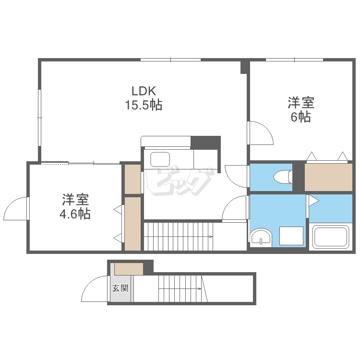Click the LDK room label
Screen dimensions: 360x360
[x=144, y=91]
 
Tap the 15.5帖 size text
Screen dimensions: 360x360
[x=144, y=105]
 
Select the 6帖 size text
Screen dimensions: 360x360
[x=300, y=117]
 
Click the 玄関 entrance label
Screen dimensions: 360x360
[x=120, y=288]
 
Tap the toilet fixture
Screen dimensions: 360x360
[x=283, y=178]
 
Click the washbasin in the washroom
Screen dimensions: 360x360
[x=261, y=236]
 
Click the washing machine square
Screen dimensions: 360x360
[x=291, y=236]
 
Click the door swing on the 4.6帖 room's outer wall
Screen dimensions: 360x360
[x=15, y=209]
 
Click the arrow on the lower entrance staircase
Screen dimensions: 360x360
[x=198, y=288]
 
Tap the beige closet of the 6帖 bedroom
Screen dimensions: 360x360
[x=328, y=177]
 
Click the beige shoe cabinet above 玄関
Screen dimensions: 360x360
[x=129, y=269]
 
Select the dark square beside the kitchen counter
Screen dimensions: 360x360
[x=205, y=143]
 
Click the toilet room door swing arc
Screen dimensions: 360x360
[x=237, y=175]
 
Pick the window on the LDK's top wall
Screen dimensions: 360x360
[x=170, y=60]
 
